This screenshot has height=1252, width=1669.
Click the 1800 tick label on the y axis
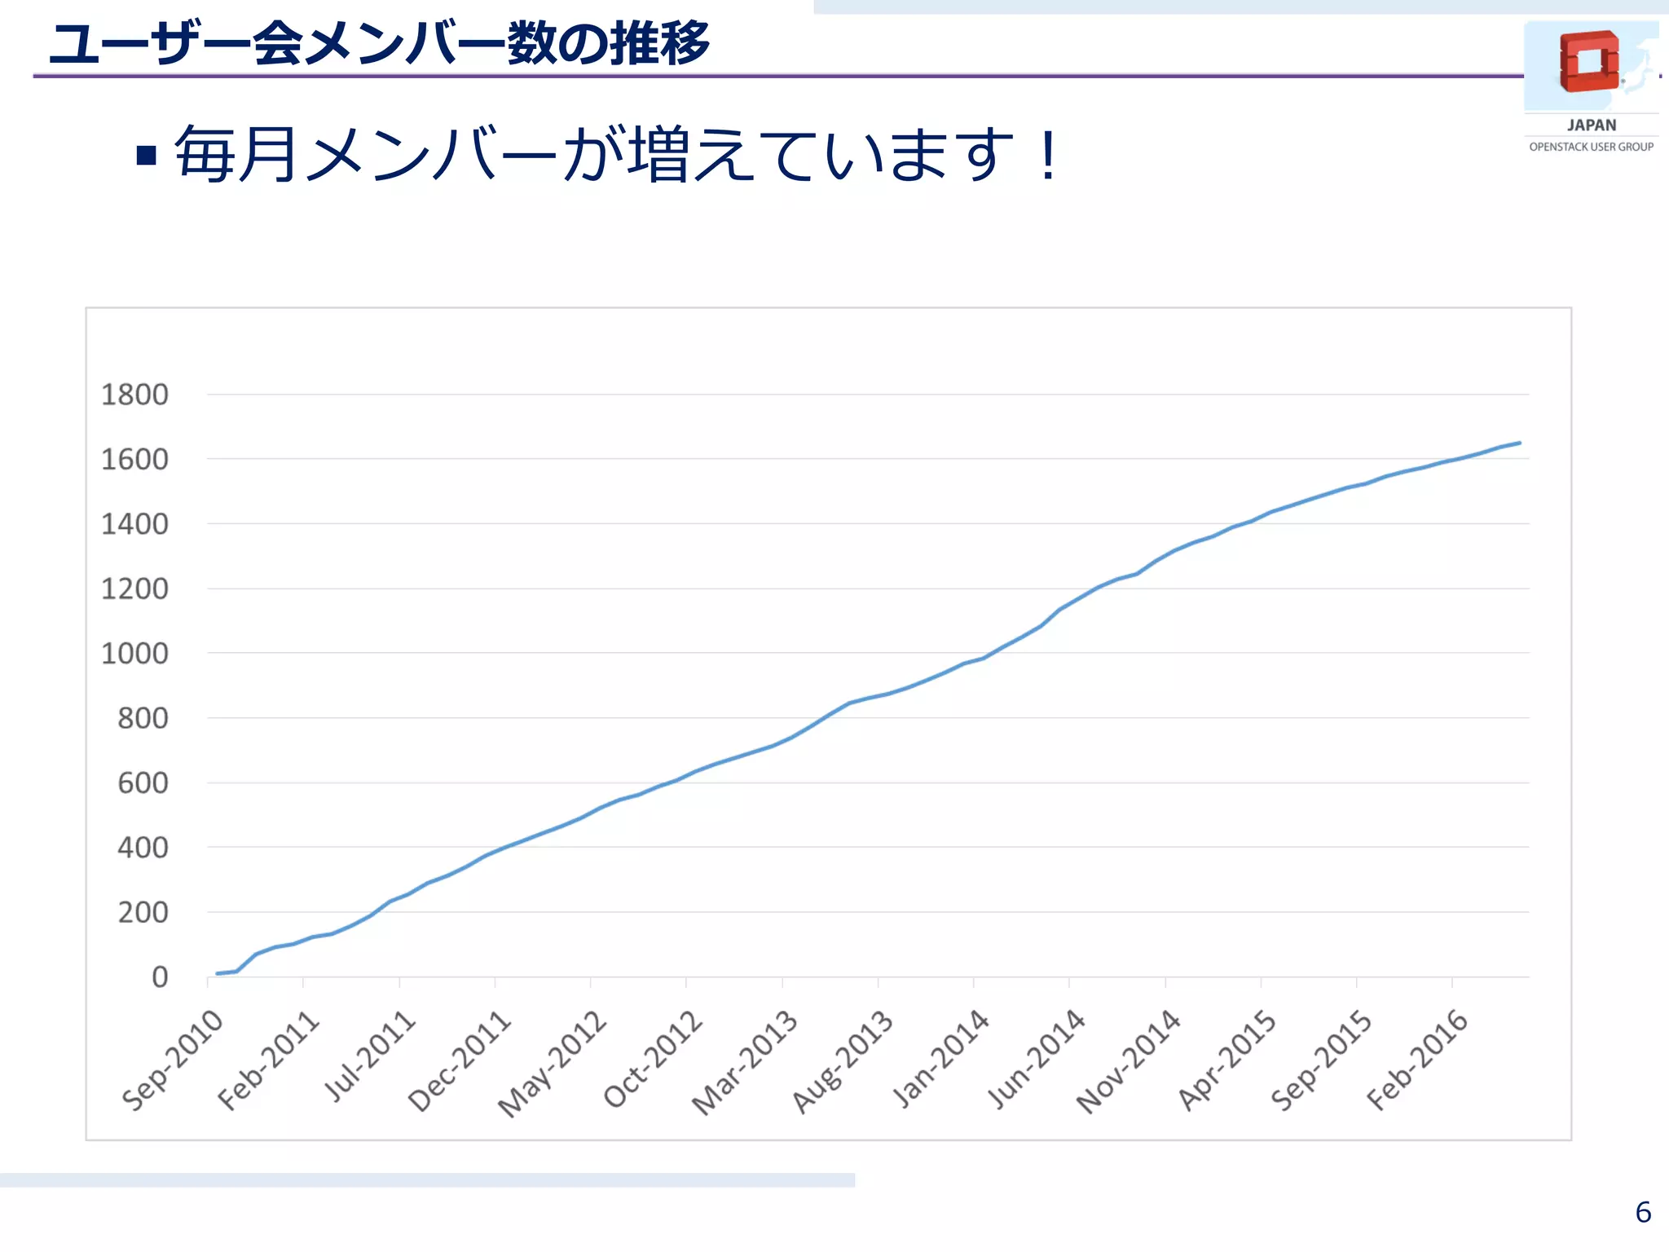134,395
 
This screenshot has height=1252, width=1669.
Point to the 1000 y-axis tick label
134,653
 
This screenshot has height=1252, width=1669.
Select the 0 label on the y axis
160,976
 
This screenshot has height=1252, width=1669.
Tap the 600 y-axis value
143,782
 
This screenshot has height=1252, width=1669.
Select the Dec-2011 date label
460,1060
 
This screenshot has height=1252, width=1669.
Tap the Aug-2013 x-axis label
843,1061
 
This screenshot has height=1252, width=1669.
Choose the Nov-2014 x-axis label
1129,1061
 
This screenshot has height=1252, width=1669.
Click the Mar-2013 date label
745,1061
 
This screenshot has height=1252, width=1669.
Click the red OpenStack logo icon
1588,61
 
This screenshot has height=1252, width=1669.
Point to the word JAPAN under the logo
1591,125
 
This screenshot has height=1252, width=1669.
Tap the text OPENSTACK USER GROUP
1591,147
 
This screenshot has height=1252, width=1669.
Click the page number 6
1643,1212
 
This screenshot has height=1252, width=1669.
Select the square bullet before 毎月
147,155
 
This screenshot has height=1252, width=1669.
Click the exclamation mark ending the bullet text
1048,155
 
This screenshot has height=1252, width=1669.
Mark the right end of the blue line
1519,443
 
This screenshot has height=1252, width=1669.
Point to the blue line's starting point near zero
218,973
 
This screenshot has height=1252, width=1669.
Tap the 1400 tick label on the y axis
134,524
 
